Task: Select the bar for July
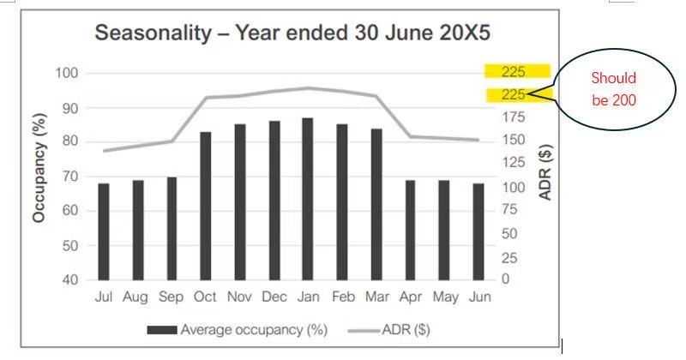tap(104, 231)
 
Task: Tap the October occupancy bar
tap(206, 206)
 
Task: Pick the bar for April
tap(410, 230)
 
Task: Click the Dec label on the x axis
tap(274, 297)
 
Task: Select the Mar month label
tap(376, 297)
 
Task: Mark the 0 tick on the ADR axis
tap(505, 279)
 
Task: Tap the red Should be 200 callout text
tap(613, 89)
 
